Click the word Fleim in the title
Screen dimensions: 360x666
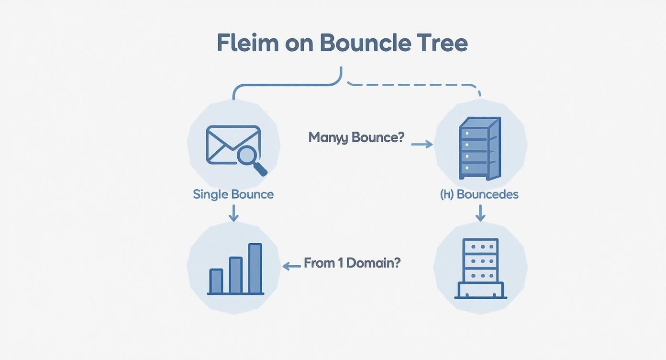tap(247, 43)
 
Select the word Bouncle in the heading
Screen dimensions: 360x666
tap(365, 43)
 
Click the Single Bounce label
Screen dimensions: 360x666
tap(233, 194)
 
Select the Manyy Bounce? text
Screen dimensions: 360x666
tap(356, 137)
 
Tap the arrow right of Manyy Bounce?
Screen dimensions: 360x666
tap(422, 144)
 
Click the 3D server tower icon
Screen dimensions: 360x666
tap(479, 148)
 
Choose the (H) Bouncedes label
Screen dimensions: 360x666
tap(479, 194)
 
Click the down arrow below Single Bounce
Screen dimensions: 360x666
tap(233, 214)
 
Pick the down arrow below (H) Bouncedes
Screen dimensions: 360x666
tap(480, 214)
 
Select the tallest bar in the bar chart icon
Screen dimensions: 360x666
tap(255, 268)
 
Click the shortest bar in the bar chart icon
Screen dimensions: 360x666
tap(216, 281)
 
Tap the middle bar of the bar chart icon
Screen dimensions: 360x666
tap(236, 275)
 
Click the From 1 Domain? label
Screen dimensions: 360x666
tap(352, 263)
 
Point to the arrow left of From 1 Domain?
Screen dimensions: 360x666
tap(291, 266)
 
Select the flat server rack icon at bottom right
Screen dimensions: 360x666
tap(480, 269)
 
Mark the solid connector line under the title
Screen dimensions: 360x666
tap(287, 85)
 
